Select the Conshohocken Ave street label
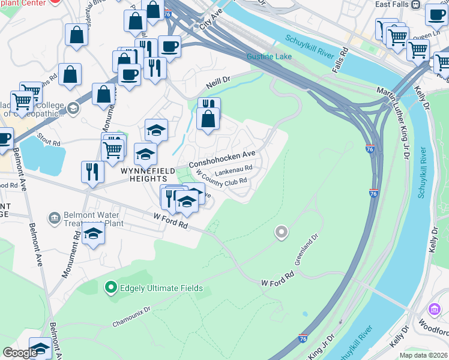pyautogui.click(x=223, y=158)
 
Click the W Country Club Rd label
pyautogui.click(x=221, y=181)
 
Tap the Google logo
pyautogui.click(x=20, y=353)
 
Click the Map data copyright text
pyautogui.click(x=423, y=355)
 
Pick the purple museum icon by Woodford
pyautogui.click(x=434, y=310)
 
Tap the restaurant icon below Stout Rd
pyautogui.click(x=92, y=171)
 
